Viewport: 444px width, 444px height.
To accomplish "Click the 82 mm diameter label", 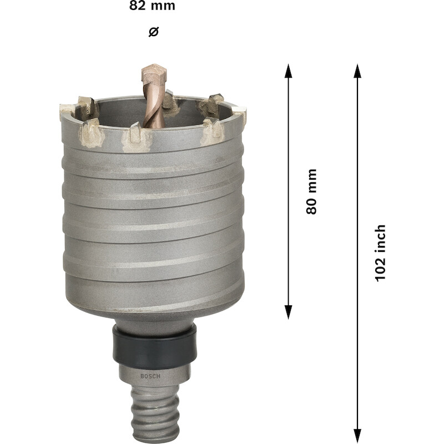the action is pos(152,6).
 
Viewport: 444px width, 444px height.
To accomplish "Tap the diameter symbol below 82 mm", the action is pos(154,32).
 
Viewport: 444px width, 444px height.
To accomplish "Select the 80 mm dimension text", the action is pos(311,191).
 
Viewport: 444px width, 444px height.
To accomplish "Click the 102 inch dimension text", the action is pos(380,253).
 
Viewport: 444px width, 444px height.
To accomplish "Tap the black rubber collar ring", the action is pos(154,346).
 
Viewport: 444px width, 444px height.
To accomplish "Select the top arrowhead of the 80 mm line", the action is pos(288,71).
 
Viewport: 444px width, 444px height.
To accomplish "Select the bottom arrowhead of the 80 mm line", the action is pos(288,312).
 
